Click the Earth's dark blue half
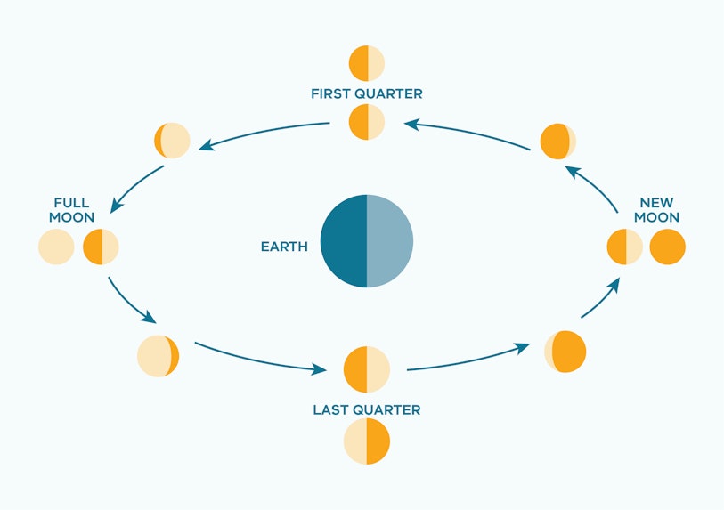pyautogui.click(x=344, y=241)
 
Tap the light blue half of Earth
pyautogui.click(x=390, y=241)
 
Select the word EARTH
pyautogui.click(x=284, y=247)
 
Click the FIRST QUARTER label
pyautogui.click(x=367, y=93)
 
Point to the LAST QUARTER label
pyautogui.click(x=367, y=409)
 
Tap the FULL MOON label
pyautogui.click(x=71, y=210)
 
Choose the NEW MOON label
pyautogui.click(x=656, y=210)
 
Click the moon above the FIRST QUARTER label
pyautogui.click(x=367, y=63)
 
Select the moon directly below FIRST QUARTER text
pyautogui.click(x=367, y=122)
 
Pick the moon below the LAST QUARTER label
pyautogui.click(x=367, y=441)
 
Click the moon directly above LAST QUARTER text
pyautogui.click(x=367, y=369)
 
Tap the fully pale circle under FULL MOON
pyautogui.click(x=56, y=247)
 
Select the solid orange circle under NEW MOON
pyautogui.click(x=668, y=247)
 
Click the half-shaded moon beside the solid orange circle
pyautogui.click(x=625, y=247)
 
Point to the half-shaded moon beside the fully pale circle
pyautogui.click(x=102, y=247)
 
